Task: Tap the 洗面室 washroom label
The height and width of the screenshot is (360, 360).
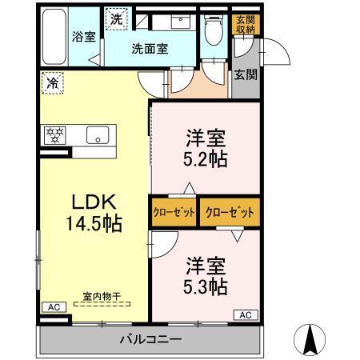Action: tap(150, 48)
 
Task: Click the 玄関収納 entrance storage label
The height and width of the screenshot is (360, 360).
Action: tap(245, 24)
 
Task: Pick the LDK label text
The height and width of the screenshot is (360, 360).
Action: tap(81, 202)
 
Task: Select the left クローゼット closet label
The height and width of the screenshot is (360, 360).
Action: tap(172, 213)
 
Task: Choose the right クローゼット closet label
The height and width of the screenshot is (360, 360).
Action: tap(230, 213)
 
